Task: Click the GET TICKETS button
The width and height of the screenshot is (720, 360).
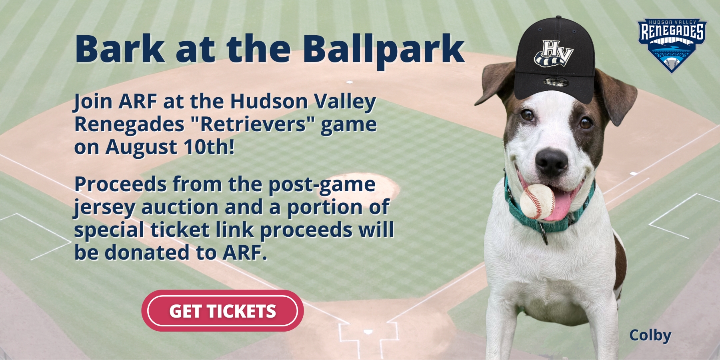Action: (x=222, y=311)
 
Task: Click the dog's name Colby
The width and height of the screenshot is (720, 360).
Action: (x=650, y=336)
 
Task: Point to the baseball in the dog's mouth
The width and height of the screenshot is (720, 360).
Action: (x=537, y=201)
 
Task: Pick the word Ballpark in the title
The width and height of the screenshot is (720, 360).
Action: (x=383, y=50)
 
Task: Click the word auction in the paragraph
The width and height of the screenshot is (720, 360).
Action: (x=180, y=207)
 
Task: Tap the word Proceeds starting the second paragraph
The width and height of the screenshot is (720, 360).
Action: (x=120, y=185)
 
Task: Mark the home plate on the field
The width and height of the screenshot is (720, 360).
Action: (x=368, y=332)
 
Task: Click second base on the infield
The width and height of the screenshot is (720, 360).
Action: (x=349, y=82)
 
